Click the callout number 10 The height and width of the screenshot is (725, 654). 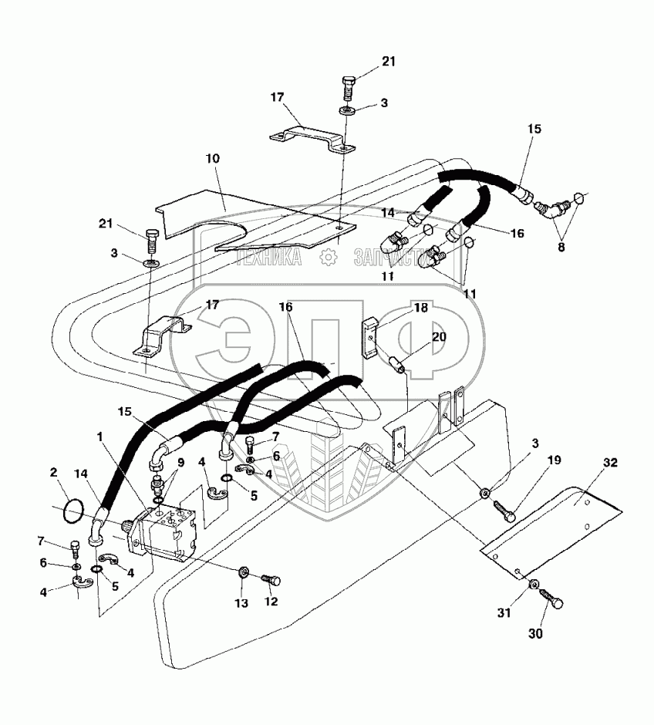pos(213,158)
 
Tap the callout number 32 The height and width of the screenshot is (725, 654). pos(611,464)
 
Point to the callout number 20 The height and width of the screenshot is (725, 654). pos(439,337)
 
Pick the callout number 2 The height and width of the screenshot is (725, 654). pos(54,472)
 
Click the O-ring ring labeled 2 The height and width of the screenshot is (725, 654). pos(72,510)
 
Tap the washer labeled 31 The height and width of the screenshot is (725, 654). pos(533,588)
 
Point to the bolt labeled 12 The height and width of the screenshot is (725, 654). pos(271,578)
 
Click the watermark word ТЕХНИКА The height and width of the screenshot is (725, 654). pos(269,258)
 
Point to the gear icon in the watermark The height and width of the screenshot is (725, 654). pos(329,257)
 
